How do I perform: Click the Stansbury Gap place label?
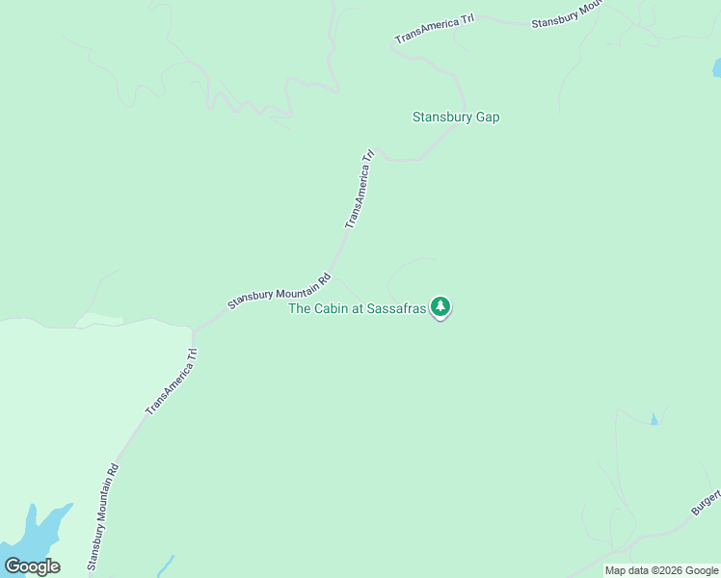point(456,118)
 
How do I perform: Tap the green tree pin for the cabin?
point(441,307)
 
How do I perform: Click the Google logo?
point(32,566)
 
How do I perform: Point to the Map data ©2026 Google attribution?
point(662,570)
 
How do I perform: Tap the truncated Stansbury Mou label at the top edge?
point(568,15)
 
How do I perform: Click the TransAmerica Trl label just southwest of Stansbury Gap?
point(359,189)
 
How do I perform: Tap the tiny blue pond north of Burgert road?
point(654,419)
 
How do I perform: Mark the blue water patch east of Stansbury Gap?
point(716,67)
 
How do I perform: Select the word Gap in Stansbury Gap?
point(487,118)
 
